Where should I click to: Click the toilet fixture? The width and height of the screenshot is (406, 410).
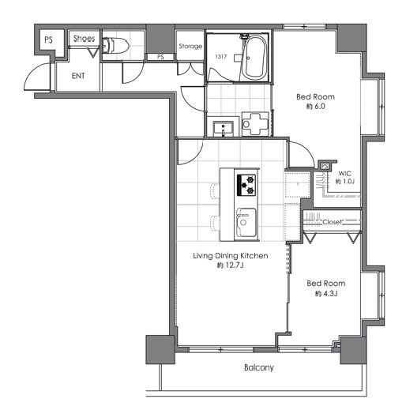click(x=115, y=46)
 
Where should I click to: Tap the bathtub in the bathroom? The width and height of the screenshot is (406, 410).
click(x=254, y=58)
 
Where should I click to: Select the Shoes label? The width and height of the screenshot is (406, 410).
click(x=84, y=39)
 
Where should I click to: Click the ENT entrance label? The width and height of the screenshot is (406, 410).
click(x=78, y=76)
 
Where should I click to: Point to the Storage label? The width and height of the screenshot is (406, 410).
click(x=190, y=47)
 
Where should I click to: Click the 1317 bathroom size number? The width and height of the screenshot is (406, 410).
click(x=221, y=57)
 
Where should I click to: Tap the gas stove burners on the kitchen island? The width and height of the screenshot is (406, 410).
click(x=246, y=185)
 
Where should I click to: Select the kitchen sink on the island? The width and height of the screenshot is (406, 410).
click(x=246, y=222)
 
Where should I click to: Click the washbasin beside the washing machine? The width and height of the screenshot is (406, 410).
click(x=223, y=129)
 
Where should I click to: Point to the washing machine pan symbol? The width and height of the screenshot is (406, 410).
click(x=255, y=124)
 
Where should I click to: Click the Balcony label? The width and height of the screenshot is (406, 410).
click(x=259, y=367)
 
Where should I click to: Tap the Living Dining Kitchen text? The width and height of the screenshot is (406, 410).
click(x=231, y=256)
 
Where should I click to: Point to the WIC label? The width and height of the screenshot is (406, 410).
click(x=344, y=174)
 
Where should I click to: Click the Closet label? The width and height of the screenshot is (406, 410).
click(x=332, y=222)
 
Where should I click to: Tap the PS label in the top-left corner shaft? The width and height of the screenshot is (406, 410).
click(x=48, y=40)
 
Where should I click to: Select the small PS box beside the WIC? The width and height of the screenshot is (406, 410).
click(x=325, y=166)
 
